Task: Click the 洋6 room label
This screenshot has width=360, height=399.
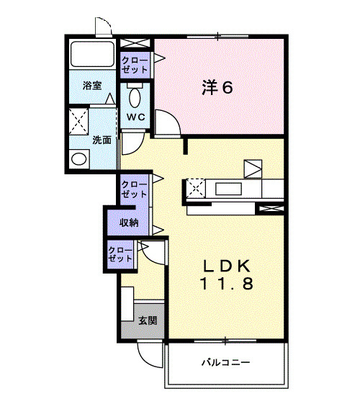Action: click(x=217, y=87)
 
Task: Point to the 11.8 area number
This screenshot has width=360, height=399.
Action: click(x=227, y=284)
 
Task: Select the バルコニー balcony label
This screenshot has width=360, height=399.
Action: click(x=225, y=362)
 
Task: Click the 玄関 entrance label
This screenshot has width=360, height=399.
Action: click(x=148, y=320)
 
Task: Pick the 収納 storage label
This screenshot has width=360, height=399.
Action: click(x=129, y=223)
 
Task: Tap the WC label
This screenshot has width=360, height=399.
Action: click(x=136, y=117)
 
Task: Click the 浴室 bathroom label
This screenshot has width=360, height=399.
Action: click(x=92, y=86)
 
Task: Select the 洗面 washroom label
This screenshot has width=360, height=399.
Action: click(x=102, y=140)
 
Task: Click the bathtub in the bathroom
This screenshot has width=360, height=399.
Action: click(x=92, y=54)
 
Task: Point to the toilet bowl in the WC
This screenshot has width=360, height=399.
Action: click(x=135, y=98)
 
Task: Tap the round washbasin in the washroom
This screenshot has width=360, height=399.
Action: click(x=79, y=159)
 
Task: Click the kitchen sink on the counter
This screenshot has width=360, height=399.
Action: click(x=228, y=189)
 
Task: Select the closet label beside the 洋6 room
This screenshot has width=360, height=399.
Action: click(x=135, y=65)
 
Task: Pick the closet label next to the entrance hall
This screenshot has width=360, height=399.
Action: click(x=120, y=254)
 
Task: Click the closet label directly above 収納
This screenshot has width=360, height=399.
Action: click(x=134, y=189)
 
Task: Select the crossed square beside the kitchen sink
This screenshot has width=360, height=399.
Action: click(x=196, y=188)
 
